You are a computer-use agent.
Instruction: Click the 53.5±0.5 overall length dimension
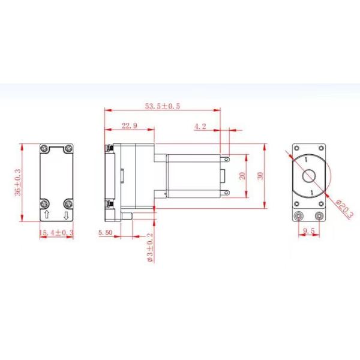coord(163,106)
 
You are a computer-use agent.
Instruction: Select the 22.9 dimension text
coord(130,126)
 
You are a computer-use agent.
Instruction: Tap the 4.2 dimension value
coord(200,126)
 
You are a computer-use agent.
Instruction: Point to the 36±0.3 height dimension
coord(17,182)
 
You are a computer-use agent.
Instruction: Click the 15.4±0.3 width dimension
coord(56,232)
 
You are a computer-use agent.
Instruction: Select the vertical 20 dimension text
coord(241,176)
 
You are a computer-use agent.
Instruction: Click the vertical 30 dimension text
coord(259,176)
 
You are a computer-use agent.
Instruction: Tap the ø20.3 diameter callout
coord(344,208)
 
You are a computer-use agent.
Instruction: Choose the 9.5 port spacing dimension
coord(309,230)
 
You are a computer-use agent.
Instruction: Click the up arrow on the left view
coord(47,215)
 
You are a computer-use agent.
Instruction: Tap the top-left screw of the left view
coord(45,148)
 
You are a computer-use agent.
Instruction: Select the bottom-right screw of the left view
coord(67,202)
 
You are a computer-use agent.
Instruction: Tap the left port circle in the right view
coord(298,215)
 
